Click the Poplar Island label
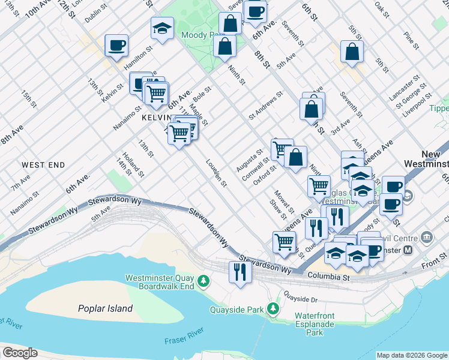(105, 308)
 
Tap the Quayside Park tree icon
(274, 308)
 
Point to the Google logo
(20, 353)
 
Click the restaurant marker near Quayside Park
(240, 272)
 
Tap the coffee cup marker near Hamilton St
(116, 44)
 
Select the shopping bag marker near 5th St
(352, 52)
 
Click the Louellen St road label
(216, 173)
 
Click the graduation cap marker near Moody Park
(162, 28)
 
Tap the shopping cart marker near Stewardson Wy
(285, 242)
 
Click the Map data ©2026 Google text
(412, 355)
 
